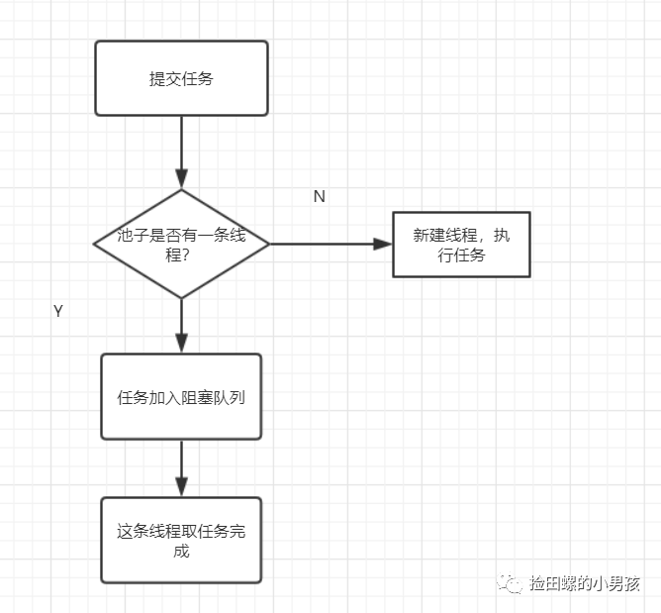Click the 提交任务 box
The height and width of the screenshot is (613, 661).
tap(181, 78)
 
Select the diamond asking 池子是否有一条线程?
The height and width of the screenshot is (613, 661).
tap(181, 244)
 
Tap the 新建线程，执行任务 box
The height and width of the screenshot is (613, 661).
tap(461, 245)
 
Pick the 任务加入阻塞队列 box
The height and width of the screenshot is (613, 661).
tap(181, 396)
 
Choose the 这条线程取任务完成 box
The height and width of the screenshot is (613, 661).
tap(181, 540)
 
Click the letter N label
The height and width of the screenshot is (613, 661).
tap(319, 196)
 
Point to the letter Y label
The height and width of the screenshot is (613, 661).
tap(58, 311)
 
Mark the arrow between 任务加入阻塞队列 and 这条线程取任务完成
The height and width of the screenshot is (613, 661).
tap(181, 467)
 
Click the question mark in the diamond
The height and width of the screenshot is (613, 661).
tap(186, 254)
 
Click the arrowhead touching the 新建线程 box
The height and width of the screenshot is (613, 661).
tap(383, 244)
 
